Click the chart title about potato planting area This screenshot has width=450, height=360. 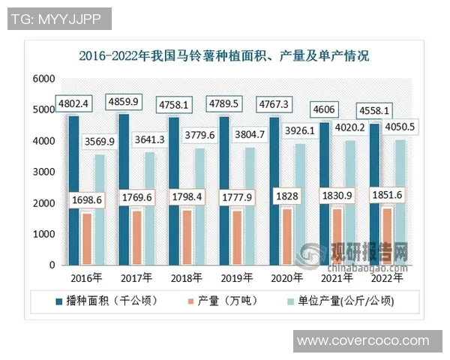[x=224, y=55]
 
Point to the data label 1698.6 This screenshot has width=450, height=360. [x=91, y=199]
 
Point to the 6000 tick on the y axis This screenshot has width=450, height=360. [x=44, y=79]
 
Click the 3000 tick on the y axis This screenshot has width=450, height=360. [x=44, y=172]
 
